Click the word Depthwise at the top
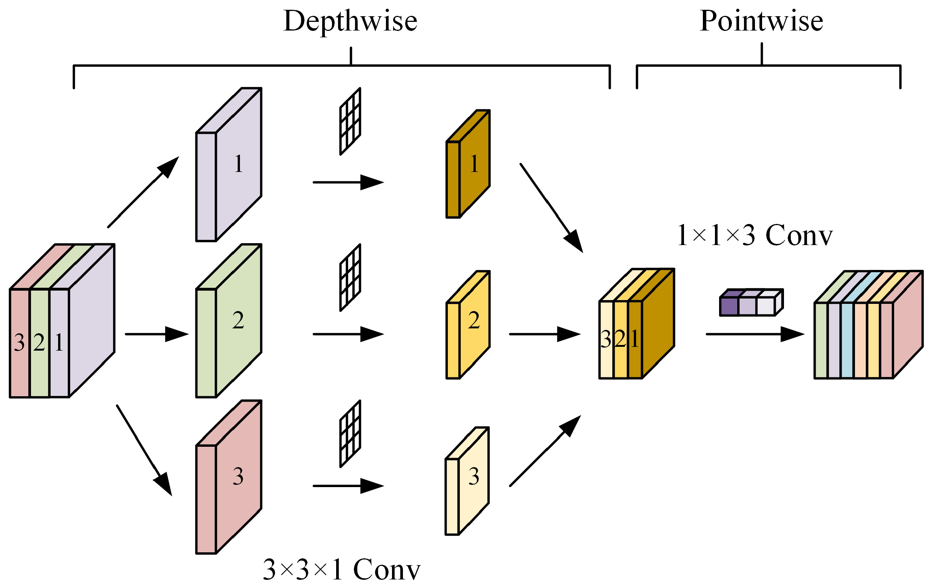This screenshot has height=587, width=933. click(x=350, y=21)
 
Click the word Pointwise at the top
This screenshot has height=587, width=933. click(x=761, y=21)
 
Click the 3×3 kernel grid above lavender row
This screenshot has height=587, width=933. click(x=350, y=121)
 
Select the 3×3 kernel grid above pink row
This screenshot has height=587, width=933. click(x=350, y=434)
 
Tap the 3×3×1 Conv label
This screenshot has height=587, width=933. click(x=341, y=570)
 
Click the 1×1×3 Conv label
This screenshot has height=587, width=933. click(x=755, y=235)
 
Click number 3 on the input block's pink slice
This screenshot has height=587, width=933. click(x=19, y=343)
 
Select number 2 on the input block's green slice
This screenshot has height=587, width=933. click(x=39, y=343)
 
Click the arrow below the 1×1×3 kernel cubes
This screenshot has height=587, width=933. click(x=754, y=334)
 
